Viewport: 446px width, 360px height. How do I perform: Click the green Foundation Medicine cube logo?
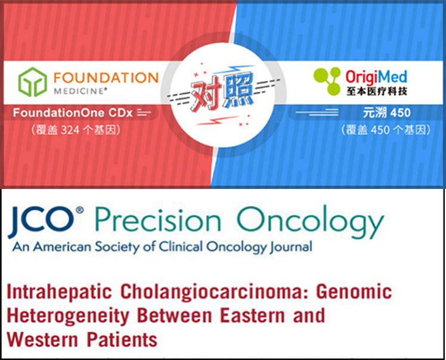coord(32,82)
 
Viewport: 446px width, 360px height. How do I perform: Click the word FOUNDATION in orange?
coord(106,77)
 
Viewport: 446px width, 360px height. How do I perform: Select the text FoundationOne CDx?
coord(73,113)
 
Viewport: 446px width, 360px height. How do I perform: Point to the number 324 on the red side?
coord(70,130)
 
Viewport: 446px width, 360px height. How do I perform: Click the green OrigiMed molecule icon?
coord(327,81)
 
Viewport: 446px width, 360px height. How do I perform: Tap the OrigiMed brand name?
coord(376,77)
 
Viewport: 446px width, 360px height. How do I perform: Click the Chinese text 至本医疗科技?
coord(377,91)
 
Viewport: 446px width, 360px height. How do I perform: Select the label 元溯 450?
coord(386,113)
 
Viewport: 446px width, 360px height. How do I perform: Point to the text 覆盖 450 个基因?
coord(386,130)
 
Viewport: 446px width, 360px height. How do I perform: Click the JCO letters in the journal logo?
coord(42,221)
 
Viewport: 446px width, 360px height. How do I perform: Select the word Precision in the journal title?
coord(158,219)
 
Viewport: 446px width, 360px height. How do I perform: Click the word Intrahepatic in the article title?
coord(59,292)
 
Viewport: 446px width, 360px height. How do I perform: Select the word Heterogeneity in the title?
coord(68,316)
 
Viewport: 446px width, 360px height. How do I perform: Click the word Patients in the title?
coord(122,340)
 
